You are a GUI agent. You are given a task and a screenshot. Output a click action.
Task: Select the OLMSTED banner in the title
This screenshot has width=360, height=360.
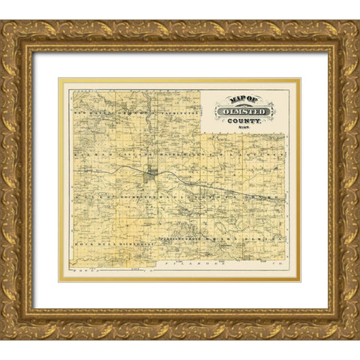(245, 112)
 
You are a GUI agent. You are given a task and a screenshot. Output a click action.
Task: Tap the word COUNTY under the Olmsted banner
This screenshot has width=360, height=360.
(244, 121)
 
